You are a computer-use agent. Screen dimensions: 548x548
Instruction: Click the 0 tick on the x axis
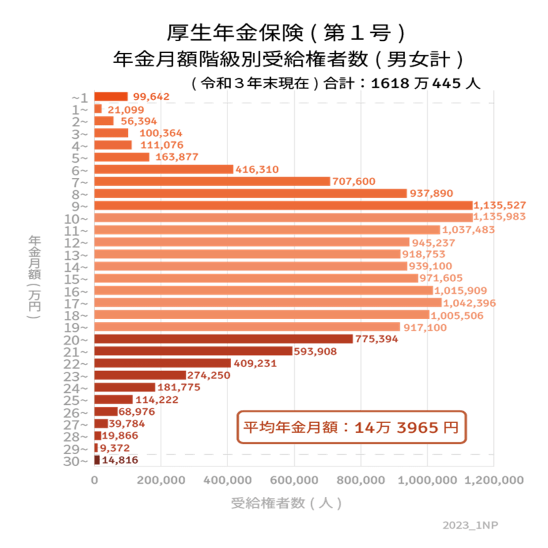coord(94,481)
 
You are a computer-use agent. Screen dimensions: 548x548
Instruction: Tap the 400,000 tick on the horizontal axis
coord(227,481)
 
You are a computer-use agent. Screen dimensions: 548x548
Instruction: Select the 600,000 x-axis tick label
coord(295,481)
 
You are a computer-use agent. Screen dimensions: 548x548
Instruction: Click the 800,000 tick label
coord(361,481)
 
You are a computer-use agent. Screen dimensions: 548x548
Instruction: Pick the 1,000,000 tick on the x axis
coord(427,481)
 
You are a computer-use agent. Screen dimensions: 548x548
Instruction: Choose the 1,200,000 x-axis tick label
coord(494,481)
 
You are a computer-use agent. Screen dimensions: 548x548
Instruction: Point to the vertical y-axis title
coord(35,276)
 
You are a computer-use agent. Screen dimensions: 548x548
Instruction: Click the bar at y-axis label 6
coord(164,170)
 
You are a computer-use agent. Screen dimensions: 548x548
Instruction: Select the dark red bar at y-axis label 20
coord(224,339)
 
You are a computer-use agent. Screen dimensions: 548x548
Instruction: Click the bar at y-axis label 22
coord(160,363)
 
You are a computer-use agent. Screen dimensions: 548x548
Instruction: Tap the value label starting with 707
coord(354,182)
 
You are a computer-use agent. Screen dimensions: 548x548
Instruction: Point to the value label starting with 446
coord(256,170)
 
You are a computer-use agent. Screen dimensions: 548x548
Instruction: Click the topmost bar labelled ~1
coord(111,96)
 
